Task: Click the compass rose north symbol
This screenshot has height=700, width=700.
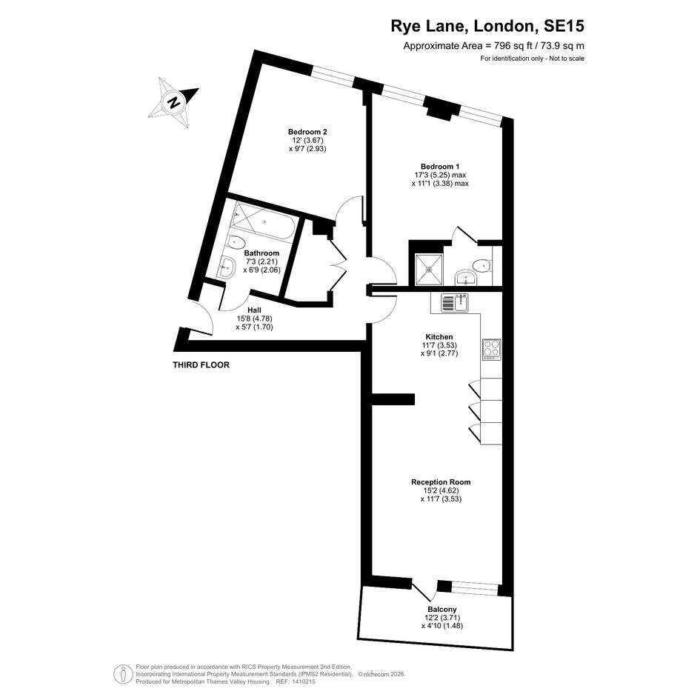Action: coord(173,103)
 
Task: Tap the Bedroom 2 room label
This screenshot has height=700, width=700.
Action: coord(307,132)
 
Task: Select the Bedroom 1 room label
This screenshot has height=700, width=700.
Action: coord(440,167)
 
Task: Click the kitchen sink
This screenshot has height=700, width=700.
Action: coord(454,303)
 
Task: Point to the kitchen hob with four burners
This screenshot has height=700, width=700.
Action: coord(492,350)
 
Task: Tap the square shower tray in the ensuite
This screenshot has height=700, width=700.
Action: coord(429,269)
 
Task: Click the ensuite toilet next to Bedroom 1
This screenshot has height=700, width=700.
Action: coord(482,266)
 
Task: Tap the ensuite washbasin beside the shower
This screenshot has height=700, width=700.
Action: coord(467,278)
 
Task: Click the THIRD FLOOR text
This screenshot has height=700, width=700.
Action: coord(201,364)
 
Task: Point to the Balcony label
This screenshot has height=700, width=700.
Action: coord(442,610)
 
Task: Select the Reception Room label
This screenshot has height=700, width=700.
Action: coord(441,482)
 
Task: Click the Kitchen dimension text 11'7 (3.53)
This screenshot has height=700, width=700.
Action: coord(439,345)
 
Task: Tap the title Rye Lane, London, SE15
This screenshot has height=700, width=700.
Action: coord(487,26)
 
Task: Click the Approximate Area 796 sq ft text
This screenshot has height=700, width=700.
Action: coord(494,45)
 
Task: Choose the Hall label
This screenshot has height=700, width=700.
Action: coord(255,310)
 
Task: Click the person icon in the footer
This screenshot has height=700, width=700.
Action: coord(123,673)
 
